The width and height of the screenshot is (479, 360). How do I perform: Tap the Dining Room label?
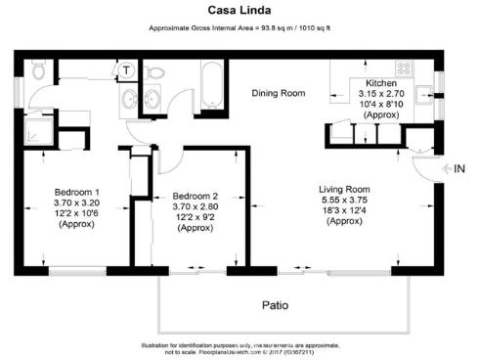279,94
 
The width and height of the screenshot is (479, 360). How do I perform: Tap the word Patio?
275,305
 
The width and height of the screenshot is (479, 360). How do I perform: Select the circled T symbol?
126,69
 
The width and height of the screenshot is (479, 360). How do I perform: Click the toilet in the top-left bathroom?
38,70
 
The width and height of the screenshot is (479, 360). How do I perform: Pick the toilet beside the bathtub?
157,74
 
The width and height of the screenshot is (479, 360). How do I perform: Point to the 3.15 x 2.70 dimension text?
381,95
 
